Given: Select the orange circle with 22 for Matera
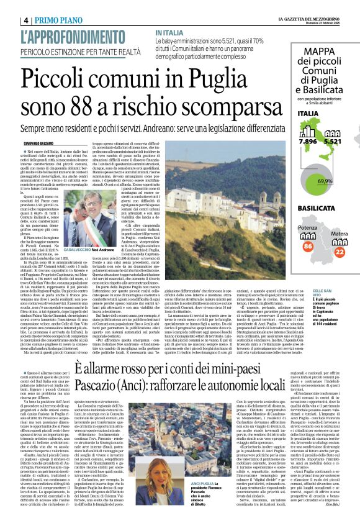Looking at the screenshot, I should (x=339, y=251).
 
